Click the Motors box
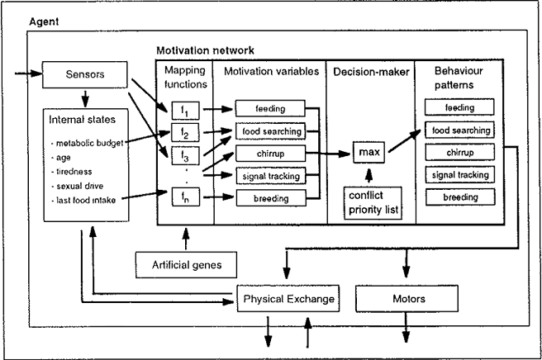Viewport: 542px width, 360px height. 405,297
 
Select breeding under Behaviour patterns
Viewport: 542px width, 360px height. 459,197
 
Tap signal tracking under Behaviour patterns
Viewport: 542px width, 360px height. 459,175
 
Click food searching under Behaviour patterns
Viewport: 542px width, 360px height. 459,130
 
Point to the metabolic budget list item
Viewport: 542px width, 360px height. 89,143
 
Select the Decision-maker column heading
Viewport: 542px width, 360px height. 367,72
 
